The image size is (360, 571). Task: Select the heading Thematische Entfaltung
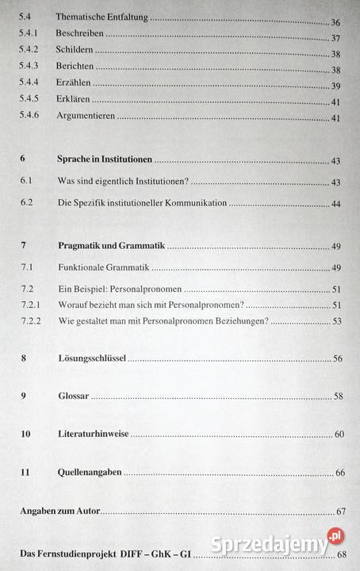(103, 17)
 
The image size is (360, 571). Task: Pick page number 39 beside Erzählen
(335, 86)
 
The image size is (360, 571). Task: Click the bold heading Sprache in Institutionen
(105, 159)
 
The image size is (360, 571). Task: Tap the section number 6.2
(26, 203)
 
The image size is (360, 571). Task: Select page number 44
(336, 205)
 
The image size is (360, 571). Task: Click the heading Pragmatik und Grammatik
(112, 246)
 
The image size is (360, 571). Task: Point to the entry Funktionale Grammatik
(103, 268)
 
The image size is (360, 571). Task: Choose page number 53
(336, 321)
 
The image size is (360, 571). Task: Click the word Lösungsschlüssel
(91, 358)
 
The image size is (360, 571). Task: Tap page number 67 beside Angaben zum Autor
(342, 512)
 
